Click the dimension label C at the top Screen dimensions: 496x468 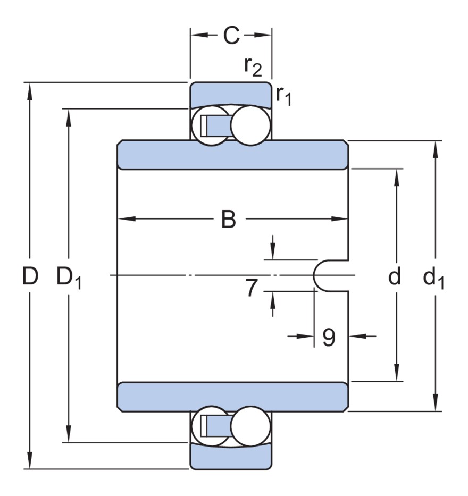[x=231, y=36]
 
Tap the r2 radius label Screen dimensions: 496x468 [x=253, y=66]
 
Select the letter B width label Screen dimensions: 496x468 [x=229, y=219]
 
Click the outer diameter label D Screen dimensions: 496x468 [x=31, y=276]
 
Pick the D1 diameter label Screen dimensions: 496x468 [x=69, y=278]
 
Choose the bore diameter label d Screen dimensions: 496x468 [x=395, y=276]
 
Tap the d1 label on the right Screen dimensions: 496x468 [x=433, y=278]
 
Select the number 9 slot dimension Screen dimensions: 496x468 [x=329, y=337]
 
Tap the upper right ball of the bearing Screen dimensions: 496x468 [x=248, y=125]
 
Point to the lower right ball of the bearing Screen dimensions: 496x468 [x=248, y=426]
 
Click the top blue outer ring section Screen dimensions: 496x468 [x=231, y=94]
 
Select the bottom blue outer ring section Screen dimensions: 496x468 [x=231, y=457]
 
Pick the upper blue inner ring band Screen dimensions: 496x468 [x=232, y=155]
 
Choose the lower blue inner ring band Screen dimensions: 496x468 [x=232, y=397]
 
